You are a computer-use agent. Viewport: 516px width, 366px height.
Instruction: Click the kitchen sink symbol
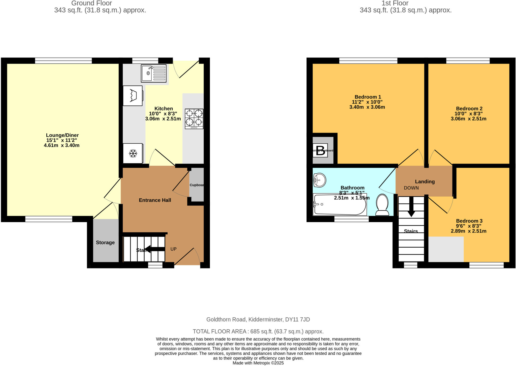153,73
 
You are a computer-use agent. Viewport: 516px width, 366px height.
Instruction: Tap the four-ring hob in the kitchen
194,119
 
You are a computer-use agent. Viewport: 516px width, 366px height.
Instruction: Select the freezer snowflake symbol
133,153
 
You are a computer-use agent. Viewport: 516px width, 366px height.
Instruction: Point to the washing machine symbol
133,96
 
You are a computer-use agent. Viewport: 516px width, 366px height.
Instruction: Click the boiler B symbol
320,150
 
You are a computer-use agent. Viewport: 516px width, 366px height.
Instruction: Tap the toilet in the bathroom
382,205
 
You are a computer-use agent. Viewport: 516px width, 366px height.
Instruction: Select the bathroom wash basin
319,180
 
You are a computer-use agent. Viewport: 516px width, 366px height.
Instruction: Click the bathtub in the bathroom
340,205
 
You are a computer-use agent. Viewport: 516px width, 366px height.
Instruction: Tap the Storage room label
105,243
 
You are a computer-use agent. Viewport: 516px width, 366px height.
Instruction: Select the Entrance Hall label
155,200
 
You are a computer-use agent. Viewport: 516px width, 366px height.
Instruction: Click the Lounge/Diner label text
62,135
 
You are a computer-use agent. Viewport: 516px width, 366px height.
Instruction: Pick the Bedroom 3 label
469,221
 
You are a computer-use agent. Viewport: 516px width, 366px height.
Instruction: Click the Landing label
425,181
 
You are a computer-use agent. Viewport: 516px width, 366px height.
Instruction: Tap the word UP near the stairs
173,249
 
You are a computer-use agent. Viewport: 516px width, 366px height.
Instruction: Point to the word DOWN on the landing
411,188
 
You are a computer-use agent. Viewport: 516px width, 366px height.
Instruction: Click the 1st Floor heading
395,3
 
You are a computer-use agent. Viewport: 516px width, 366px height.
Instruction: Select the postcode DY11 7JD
297,320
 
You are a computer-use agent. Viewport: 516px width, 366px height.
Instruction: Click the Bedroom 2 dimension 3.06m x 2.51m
468,119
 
